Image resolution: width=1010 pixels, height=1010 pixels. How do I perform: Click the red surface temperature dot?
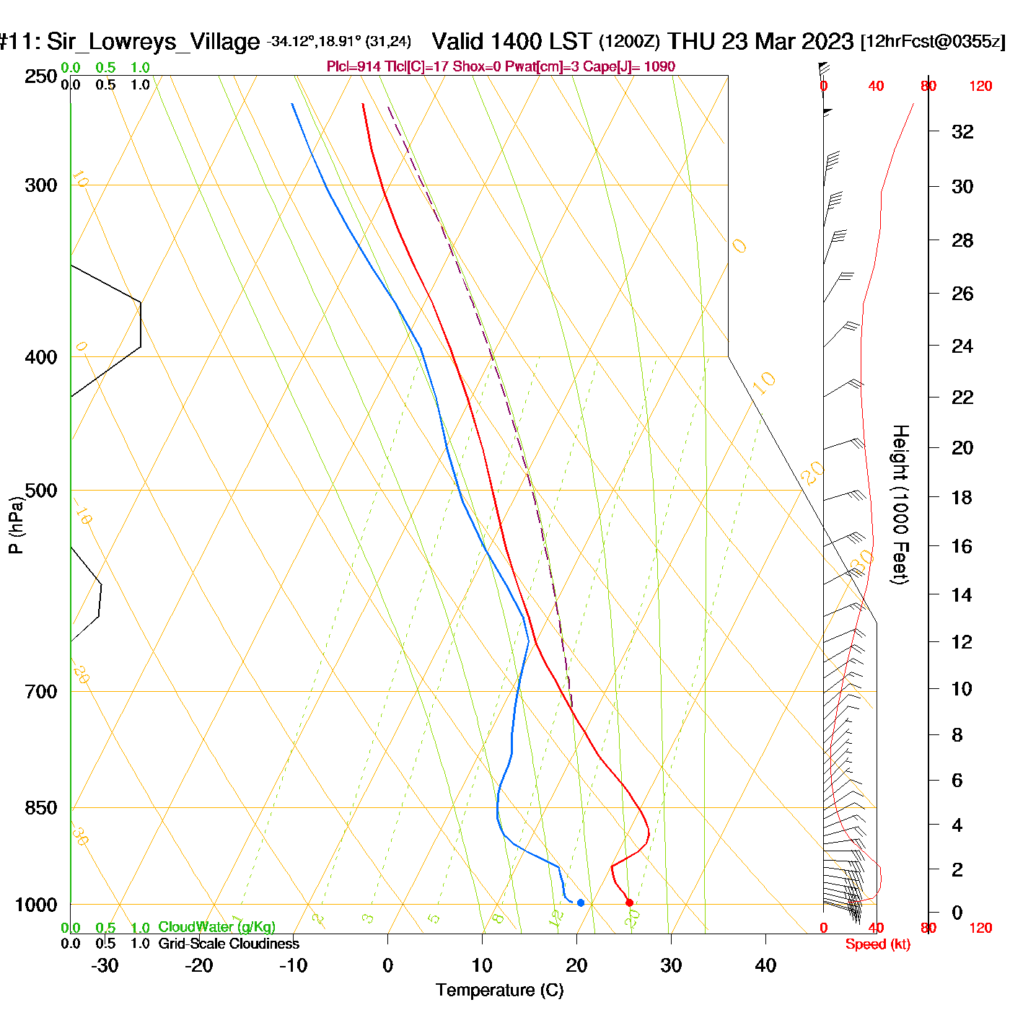[x=629, y=903]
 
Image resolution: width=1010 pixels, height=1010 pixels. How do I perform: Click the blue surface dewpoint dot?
[x=581, y=903]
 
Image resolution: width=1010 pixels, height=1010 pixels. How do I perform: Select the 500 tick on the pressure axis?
[x=41, y=491]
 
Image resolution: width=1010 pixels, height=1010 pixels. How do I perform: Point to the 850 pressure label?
[x=41, y=808]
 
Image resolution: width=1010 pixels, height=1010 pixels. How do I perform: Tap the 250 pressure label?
[x=41, y=76]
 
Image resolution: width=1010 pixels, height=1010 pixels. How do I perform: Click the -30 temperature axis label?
[x=105, y=965]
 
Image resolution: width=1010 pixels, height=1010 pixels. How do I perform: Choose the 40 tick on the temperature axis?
[x=765, y=965]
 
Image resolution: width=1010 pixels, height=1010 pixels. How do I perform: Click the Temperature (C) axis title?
[x=499, y=991]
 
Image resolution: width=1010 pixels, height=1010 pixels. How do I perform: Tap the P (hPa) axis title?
[x=16, y=525]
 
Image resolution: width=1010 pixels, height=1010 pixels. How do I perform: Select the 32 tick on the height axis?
[x=962, y=132]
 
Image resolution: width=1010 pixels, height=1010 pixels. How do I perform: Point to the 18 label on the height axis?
[x=962, y=497]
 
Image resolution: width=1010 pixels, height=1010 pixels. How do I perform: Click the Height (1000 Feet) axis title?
[x=900, y=504]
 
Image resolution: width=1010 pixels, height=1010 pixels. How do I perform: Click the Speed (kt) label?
[x=878, y=944]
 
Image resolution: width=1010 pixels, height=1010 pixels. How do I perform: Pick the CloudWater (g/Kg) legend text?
[x=216, y=927]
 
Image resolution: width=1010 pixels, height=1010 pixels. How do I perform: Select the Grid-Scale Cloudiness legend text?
[x=229, y=944]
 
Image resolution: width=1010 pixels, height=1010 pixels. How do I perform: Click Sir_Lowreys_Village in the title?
[x=153, y=42]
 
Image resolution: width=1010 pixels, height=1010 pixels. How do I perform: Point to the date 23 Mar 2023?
[x=788, y=41]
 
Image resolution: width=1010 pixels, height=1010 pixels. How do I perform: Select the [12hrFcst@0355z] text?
[x=933, y=42]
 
